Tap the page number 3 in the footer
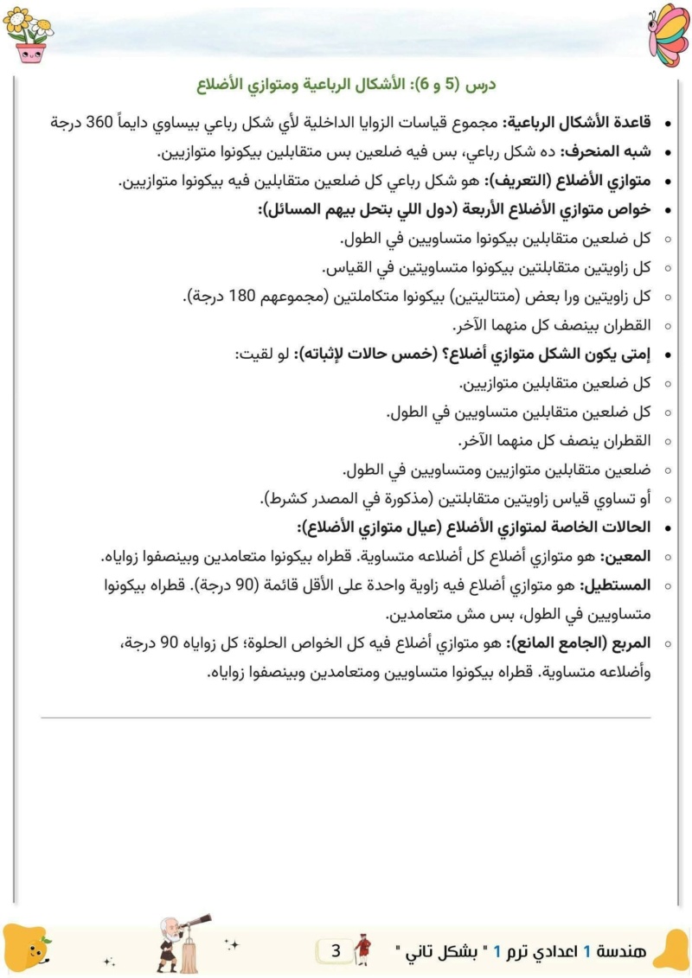pos(336,952)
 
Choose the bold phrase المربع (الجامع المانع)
pos(582,644)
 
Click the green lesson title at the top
pos(346,86)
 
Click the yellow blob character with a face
pos(31,948)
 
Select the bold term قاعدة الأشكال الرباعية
pos(579,122)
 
